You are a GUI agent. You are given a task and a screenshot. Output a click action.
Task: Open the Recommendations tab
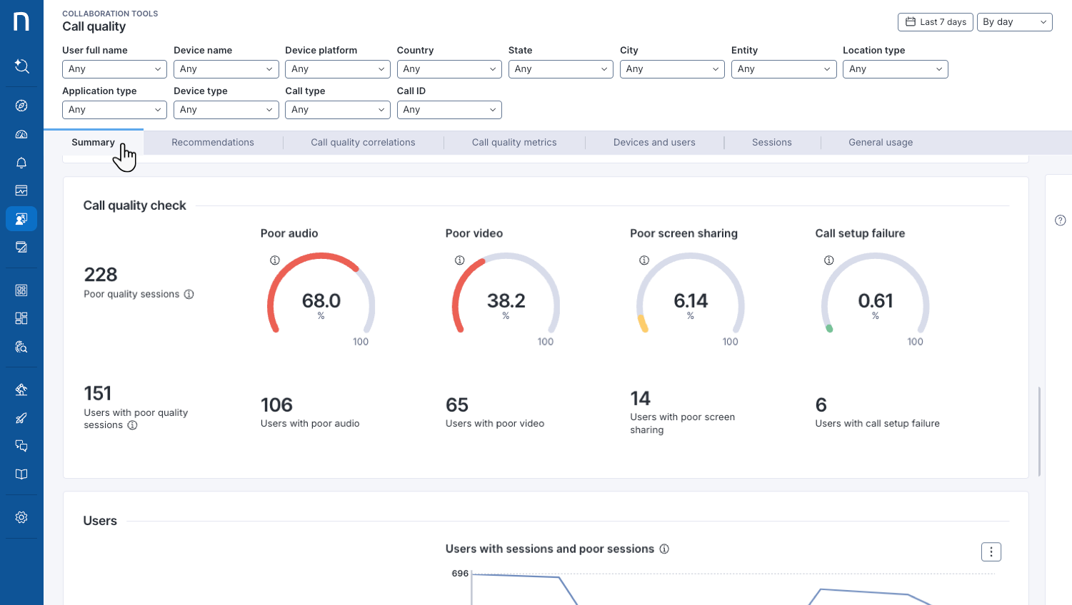click(213, 143)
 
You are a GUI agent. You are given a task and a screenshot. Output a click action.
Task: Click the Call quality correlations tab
click(363, 143)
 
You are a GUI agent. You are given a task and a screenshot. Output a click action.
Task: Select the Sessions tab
click(771, 143)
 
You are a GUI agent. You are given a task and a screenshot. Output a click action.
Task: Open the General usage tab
click(880, 143)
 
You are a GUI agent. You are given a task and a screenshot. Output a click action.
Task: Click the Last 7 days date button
click(935, 22)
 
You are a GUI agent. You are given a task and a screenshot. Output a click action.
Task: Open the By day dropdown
click(1014, 22)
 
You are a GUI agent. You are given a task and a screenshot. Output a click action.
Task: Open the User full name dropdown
click(114, 69)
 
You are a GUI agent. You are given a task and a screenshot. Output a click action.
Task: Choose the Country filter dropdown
click(449, 69)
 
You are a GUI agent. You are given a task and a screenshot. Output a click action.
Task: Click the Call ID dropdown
click(449, 110)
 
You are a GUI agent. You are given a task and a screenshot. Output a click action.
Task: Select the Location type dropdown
click(895, 69)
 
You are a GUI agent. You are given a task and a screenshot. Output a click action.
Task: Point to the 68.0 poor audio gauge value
click(321, 301)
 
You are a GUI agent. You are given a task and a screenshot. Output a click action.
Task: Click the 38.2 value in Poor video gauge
click(506, 301)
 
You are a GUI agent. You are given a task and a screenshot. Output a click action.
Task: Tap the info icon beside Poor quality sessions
click(189, 295)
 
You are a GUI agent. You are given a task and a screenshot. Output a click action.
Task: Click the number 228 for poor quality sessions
click(101, 275)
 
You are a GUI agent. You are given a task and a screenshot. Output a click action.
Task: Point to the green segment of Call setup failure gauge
click(829, 329)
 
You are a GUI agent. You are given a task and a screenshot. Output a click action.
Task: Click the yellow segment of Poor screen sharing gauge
click(643, 325)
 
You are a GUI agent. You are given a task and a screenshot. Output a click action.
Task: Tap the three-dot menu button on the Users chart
click(991, 552)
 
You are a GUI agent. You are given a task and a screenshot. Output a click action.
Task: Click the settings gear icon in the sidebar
click(21, 517)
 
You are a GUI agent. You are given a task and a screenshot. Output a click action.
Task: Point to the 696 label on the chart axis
click(460, 574)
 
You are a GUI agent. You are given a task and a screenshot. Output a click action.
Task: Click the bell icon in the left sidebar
click(21, 163)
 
